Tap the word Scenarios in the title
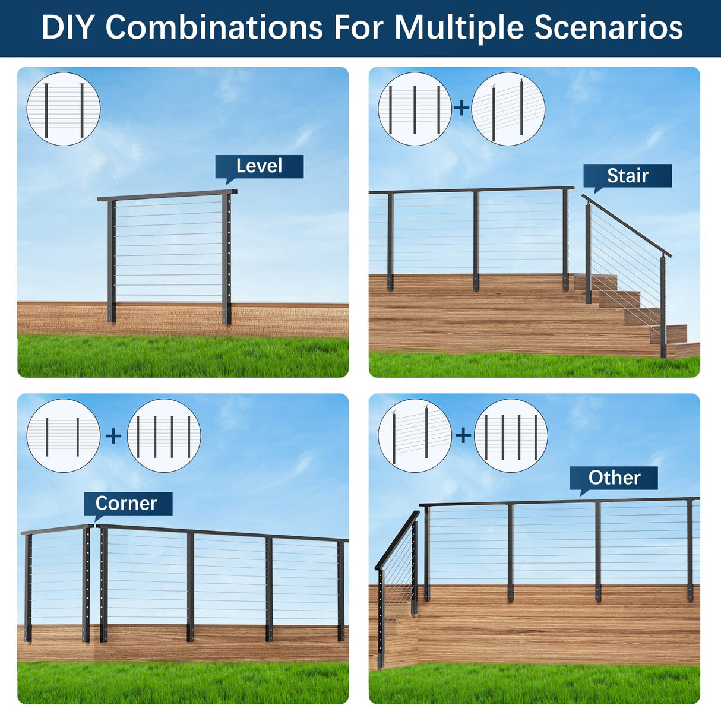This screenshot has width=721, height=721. tap(608, 27)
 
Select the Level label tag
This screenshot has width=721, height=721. tap(259, 166)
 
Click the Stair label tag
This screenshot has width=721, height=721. tap(627, 176)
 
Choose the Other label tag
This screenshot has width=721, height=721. tap(614, 477)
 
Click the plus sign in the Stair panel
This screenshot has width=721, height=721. tap(461, 108)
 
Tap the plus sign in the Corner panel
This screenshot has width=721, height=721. tap(113, 436)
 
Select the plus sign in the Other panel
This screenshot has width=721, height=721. tap(463, 435)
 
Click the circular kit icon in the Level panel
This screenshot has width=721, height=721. tap(64, 109)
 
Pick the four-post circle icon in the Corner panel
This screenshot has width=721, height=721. tap(164, 436)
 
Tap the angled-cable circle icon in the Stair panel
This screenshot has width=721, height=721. tap(508, 109)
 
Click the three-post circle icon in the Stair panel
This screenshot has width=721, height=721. tap(415, 109)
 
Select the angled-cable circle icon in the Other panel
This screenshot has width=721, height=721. tap(415, 436)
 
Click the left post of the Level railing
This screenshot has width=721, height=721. tap(112, 261)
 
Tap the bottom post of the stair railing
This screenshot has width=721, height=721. tap(663, 306)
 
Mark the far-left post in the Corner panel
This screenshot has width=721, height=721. tap(29, 588)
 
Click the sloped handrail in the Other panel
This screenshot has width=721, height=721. tap(397, 540)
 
